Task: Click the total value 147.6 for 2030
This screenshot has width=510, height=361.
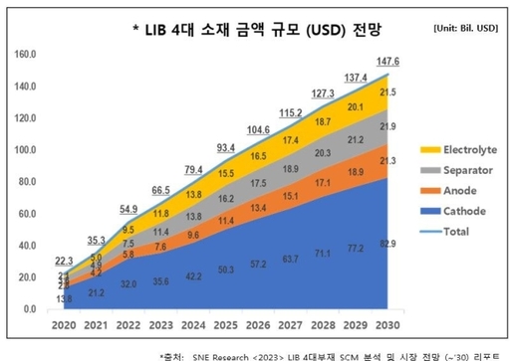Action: click(386, 62)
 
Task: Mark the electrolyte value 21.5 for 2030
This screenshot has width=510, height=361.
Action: click(386, 92)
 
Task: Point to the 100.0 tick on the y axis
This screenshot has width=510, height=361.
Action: click(27, 150)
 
